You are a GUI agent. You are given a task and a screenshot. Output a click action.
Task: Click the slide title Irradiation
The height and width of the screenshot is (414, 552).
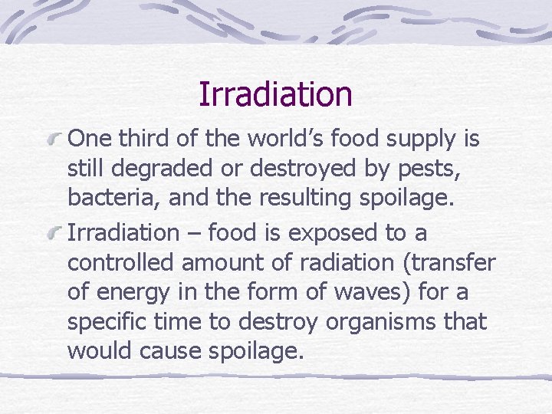click(275, 94)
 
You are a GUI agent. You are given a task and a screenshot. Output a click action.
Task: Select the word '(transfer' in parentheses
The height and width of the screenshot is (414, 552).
click(448, 262)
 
